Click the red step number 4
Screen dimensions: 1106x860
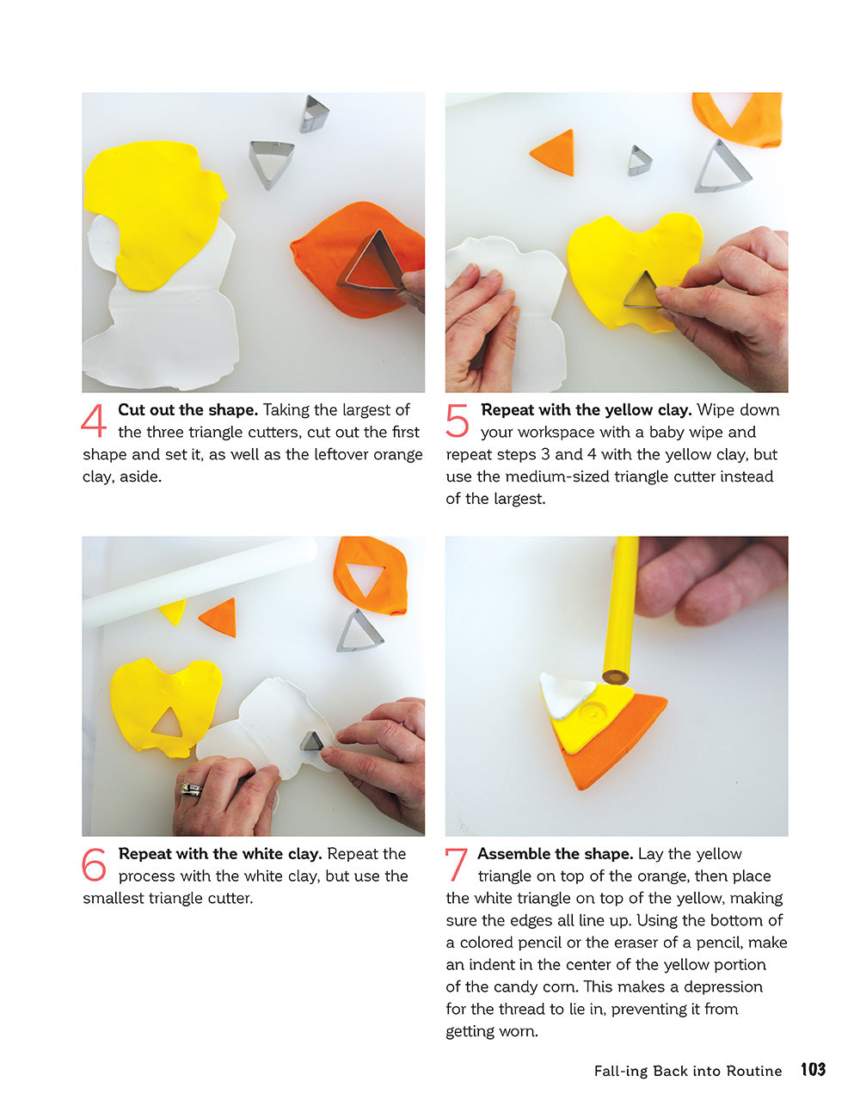click(93, 421)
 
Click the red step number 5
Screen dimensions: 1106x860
click(457, 421)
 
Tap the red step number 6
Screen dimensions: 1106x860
click(94, 865)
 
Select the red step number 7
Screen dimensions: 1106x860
click(456, 865)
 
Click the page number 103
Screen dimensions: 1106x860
click(813, 1070)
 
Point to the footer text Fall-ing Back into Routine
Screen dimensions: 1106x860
click(687, 1071)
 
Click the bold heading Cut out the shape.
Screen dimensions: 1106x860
click(187, 410)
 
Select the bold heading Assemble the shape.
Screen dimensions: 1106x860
click(555, 854)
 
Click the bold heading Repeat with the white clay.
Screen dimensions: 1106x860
click(220, 854)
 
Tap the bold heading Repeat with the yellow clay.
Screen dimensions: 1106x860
click(586, 410)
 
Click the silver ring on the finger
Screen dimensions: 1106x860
click(190, 789)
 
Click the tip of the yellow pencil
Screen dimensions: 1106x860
click(614, 677)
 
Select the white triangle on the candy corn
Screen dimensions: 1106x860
click(563, 694)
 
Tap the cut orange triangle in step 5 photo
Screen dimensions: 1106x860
click(555, 152)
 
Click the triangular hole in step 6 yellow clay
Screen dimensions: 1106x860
click(168, 724)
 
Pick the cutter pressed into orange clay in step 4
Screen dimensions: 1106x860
click(372, 261)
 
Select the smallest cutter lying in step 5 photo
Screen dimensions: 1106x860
click(638, 161)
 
